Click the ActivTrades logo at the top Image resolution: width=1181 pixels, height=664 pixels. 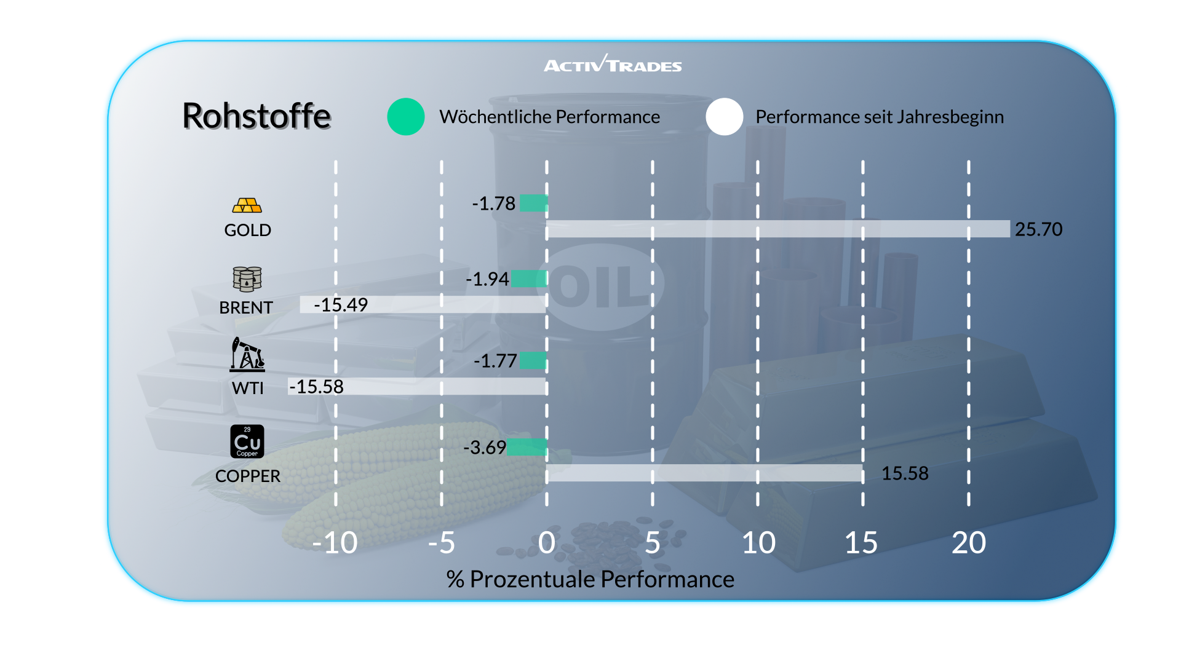613,64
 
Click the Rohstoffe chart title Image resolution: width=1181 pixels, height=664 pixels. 256,116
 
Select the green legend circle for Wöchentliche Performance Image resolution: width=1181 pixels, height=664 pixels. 406,117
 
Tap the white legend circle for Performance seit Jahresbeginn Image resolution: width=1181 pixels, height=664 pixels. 725,117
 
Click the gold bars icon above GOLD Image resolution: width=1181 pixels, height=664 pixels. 247,205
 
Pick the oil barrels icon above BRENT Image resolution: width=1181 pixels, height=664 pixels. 247,279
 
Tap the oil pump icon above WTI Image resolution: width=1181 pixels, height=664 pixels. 247,354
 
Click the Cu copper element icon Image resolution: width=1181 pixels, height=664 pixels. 247,441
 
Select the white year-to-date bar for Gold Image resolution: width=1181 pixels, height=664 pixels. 778,229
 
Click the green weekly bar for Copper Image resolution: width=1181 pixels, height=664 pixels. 527,447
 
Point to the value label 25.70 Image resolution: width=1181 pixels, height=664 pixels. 1038,229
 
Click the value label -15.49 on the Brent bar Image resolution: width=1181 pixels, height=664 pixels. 341,305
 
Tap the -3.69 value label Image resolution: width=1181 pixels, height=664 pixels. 484,448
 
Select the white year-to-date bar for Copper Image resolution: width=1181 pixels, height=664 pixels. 705,473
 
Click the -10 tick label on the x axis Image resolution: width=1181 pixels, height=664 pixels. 335,543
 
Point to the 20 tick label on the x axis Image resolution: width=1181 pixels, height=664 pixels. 968,543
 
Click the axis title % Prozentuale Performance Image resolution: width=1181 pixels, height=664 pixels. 590,579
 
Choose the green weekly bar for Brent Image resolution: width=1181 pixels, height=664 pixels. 529,279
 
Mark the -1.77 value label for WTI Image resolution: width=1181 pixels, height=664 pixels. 495,361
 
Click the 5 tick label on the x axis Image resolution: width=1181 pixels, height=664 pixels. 653,543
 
